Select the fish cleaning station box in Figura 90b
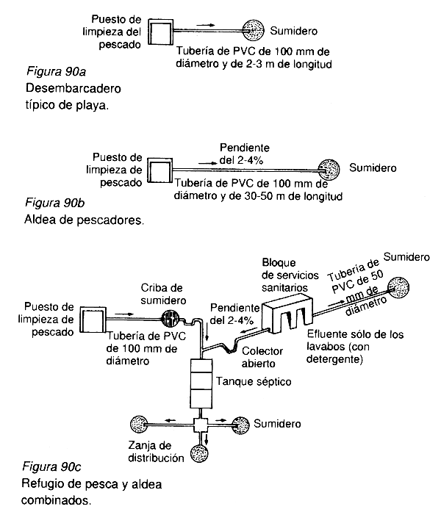pyautogui.click(x=159, y=170)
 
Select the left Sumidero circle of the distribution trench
pyautogui.click(x=140, y=425)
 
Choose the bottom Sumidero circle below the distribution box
pyautogui.click(x=200, y=453)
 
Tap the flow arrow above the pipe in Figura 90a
pyautogui.click(x=207, y=25)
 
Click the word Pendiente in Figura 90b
pyautogui.click(x=244, y=146)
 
